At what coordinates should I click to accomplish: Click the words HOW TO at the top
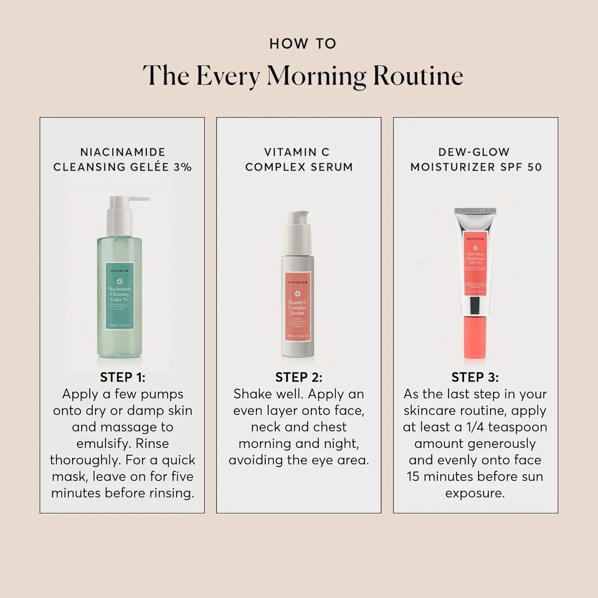click(302, 44)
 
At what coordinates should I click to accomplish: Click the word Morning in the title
click(316, 76)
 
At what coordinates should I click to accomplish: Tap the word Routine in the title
click(418, 76)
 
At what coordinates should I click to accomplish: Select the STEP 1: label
click(123, 377)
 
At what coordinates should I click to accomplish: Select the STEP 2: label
click(299, 377)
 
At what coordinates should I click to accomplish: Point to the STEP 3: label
click(475, 377)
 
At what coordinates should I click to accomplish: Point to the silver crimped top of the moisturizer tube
click(475, 212)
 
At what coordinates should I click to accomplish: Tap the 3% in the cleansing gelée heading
click(183, 167)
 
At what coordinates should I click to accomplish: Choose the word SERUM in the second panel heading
click(332, 167)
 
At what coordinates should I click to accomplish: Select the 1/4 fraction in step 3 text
click(473, 427)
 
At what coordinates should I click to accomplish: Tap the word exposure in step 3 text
click(475, 493)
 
